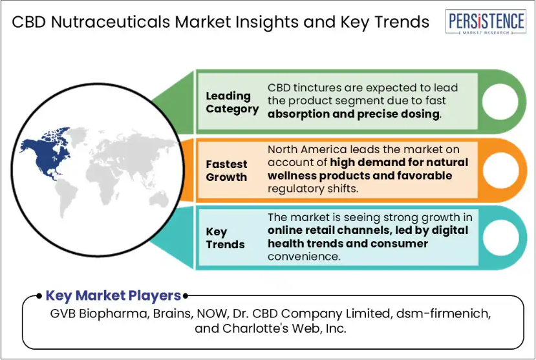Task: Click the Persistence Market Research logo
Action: [486, 22]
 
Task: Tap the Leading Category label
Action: [232, 102]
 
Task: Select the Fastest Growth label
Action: [226, 171]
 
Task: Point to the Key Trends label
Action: [225, 238]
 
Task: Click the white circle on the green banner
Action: [500, 101]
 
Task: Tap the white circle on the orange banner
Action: [500, 170]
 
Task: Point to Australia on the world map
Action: [159, 198]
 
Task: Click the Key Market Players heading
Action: [113, 295]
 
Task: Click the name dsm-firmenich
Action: [444, 313]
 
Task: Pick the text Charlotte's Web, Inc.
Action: [284, 328]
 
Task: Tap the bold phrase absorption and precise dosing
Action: [354, 114]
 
